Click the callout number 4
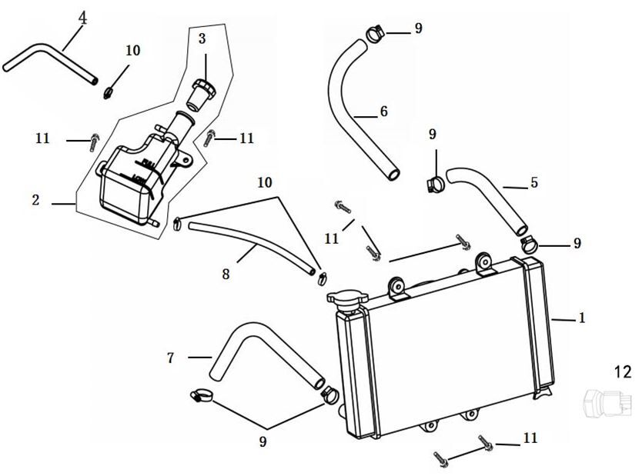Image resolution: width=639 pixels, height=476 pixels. [x=82, y=16]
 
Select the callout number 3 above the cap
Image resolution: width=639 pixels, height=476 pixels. [x=202, y=38]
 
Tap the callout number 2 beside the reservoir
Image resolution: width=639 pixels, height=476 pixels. [x=35, y=200]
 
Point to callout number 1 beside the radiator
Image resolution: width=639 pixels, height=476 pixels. [x=582, y=318]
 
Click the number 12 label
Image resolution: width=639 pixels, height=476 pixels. [x=622, y=372]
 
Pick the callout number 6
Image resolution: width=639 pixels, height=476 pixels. [x=383, y=112]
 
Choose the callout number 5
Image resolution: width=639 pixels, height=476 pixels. [x=534, y=183]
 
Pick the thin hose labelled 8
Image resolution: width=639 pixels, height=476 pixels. [x=246, y=245]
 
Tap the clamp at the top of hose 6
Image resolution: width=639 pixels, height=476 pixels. [x=375, y=33]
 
